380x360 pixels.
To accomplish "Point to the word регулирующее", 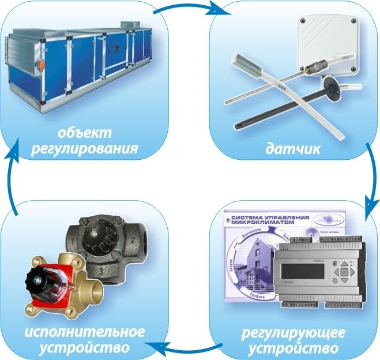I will [x=294, y=333].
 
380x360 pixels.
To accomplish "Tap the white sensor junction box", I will [x=323, y=43].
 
